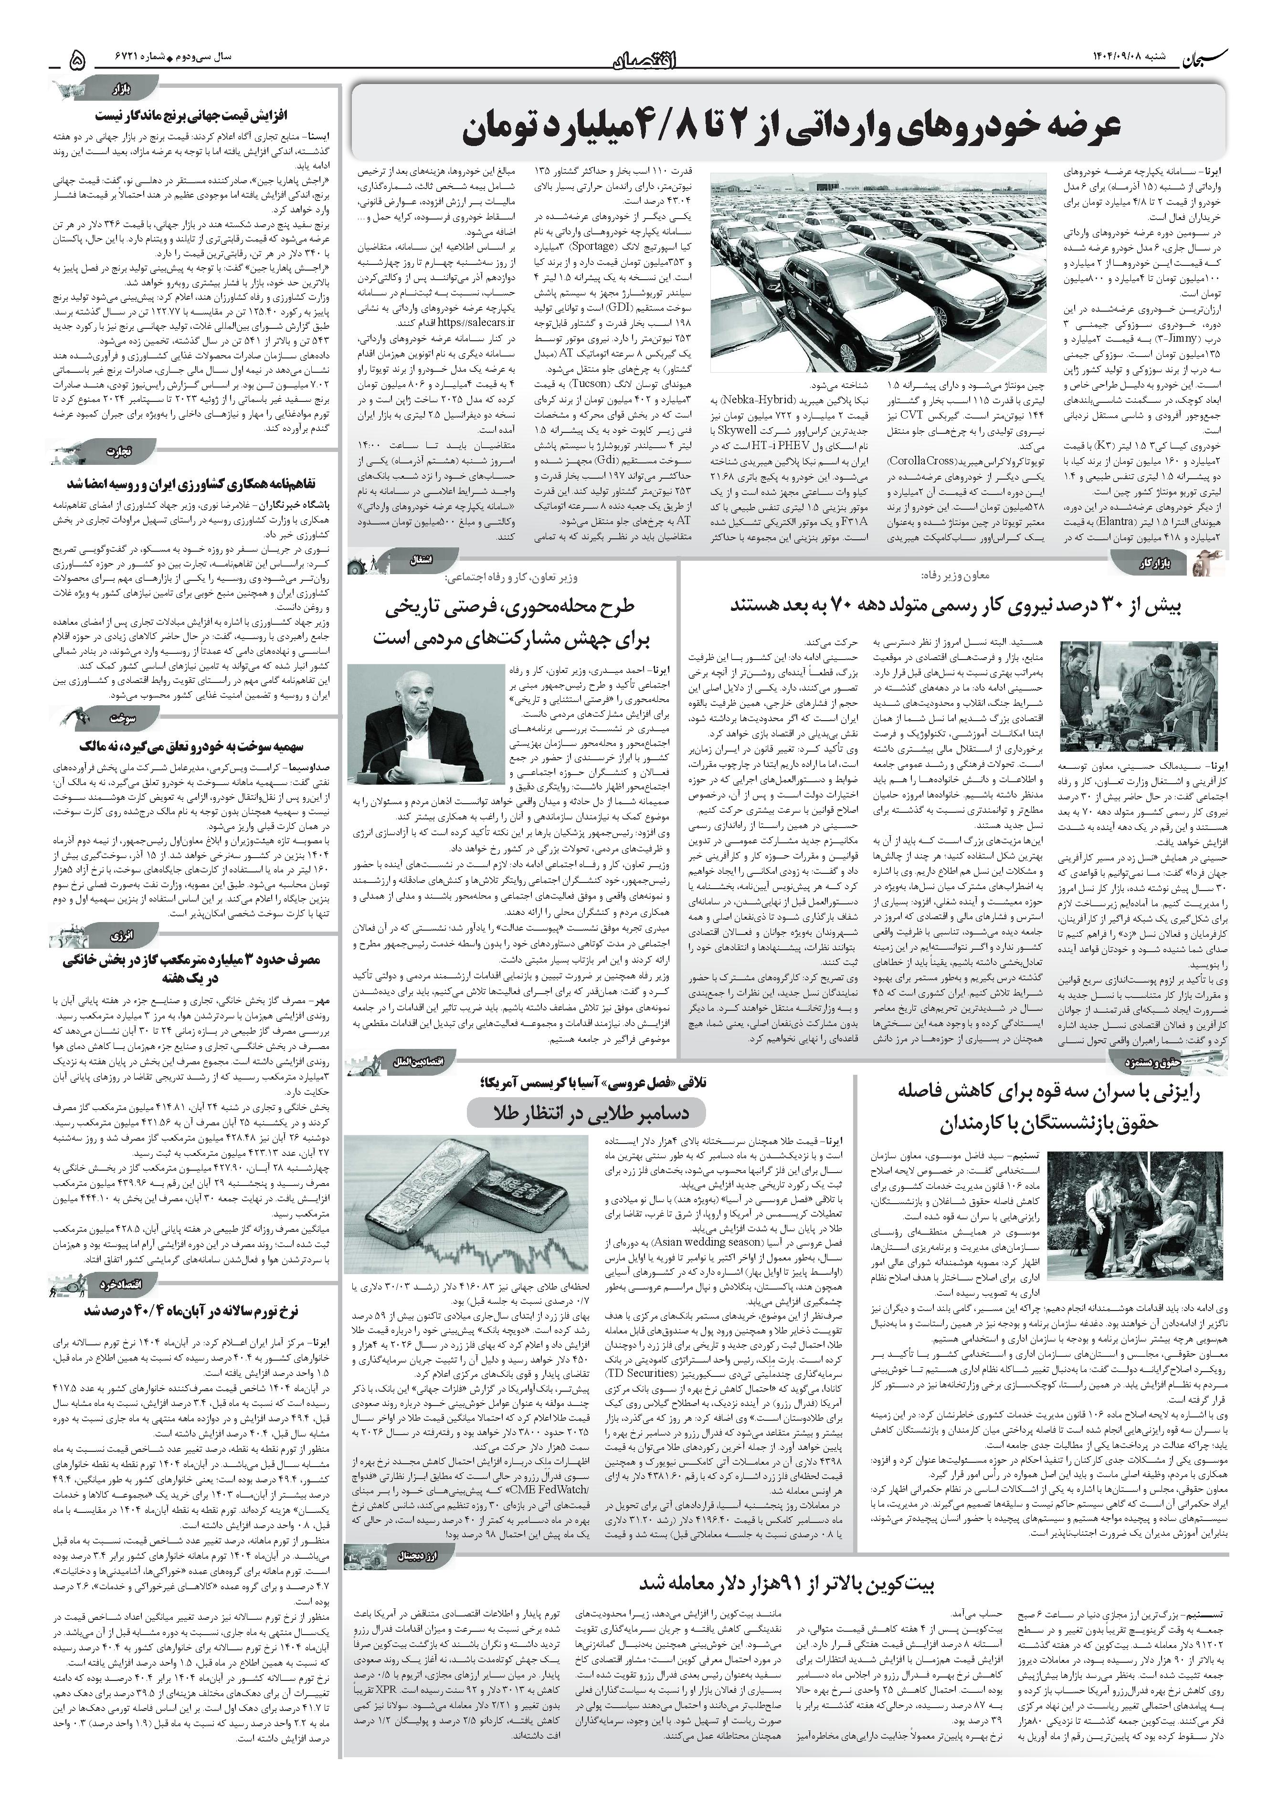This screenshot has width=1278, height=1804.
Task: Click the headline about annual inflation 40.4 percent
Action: pos(191,1311)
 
